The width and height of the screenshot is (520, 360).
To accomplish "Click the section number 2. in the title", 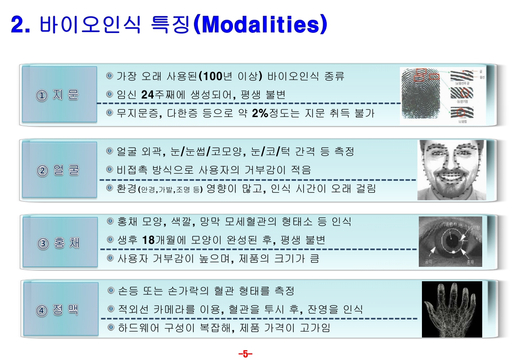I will (x=21, y=25).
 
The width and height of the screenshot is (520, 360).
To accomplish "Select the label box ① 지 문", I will (x=59, y=95).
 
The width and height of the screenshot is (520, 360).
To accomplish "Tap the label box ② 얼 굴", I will (x=59, y=170).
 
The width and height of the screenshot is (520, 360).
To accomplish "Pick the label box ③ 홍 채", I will (x=59, y=243).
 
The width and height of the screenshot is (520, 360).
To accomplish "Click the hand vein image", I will (x=451, y=309).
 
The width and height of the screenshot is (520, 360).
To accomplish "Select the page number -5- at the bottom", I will (x=245, y=354).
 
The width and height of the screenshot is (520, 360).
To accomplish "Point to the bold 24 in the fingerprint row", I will (x=148, y=94).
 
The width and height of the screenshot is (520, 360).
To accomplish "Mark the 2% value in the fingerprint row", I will (x=260, y=113).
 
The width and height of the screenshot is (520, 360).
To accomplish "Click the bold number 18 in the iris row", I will (x=148, y=240).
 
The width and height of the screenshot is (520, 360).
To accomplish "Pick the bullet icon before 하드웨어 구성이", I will (x=110, y=328).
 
